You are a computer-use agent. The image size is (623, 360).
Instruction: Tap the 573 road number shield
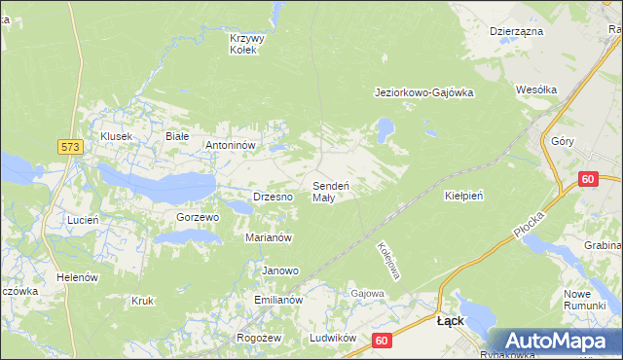pyautogui.click(x=69, y=146)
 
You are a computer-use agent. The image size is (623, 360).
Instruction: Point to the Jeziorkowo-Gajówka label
pyautogui.click(x=423, y=93)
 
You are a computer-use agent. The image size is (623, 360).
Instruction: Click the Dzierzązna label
pyautogui.click(x=516, y=31)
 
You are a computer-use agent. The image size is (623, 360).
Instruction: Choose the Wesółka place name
pyautogui.click(x=537, y=90)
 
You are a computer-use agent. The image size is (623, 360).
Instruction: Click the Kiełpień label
pyautogui.click(x=464, y=195)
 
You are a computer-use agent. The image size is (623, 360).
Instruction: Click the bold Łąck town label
pyautogui.click(x=450, y=320)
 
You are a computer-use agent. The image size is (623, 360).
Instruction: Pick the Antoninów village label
pyautogui.click(x=230, y=145)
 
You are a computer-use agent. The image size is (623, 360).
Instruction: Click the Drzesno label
pyautogui.click(x=273, y=196)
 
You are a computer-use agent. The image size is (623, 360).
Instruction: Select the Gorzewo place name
pyautogui.click(x=198, y=217)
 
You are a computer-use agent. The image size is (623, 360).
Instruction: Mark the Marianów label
pyautogui.click(x=270, y=236)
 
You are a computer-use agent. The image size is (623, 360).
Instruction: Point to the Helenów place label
pyautogui.click(x=78, y=277)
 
